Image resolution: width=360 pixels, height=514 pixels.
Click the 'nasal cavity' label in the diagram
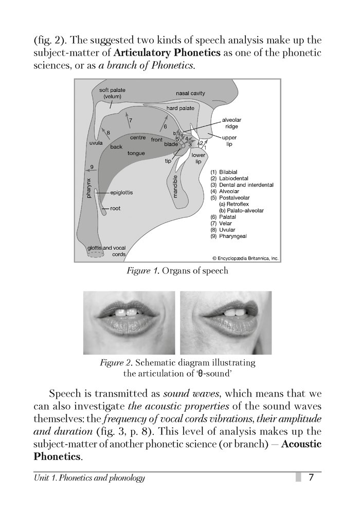click(191, 94)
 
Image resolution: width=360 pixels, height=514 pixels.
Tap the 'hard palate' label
click(180, 109)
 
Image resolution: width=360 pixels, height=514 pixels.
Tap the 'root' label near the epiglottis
click(115, 208)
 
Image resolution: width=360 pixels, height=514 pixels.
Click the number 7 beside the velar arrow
click(131, 120)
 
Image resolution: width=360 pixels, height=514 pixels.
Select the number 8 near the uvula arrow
click(108, 133)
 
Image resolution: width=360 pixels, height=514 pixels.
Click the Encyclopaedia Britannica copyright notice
click(245, 259)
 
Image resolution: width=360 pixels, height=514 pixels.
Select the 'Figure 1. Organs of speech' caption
click(177, 271)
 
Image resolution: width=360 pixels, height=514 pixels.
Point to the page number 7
click(311, 478)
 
